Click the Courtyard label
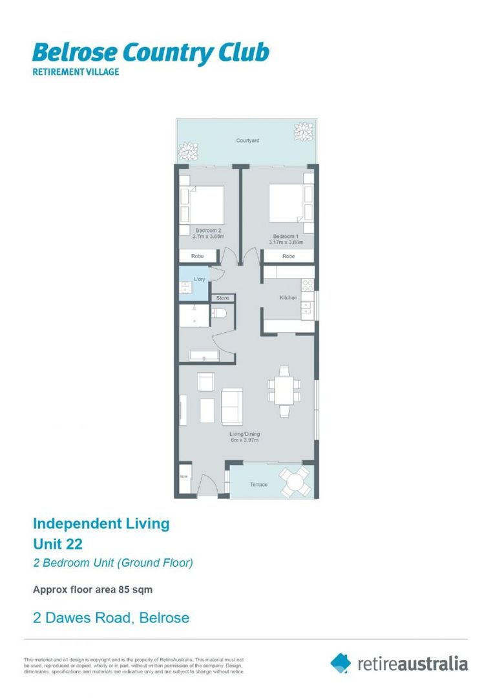click(247, 140)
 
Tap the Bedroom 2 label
click(208, 230)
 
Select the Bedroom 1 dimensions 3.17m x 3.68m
click(286, 242)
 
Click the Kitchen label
click(288, 297)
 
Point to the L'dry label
click(200, 279)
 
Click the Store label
click(223, 298)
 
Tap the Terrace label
click(258, 484)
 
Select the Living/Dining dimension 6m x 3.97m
click(244, 440)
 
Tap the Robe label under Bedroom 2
click(197, 257)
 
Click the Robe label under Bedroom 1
click(289, 257)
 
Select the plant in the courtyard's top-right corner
click(302, 132)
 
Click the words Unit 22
click(58, 543)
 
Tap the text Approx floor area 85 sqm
click(92, 589)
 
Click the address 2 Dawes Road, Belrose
click(111, 618)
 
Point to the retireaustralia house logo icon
click(341, 662)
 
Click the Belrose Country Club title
click(151, 53)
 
